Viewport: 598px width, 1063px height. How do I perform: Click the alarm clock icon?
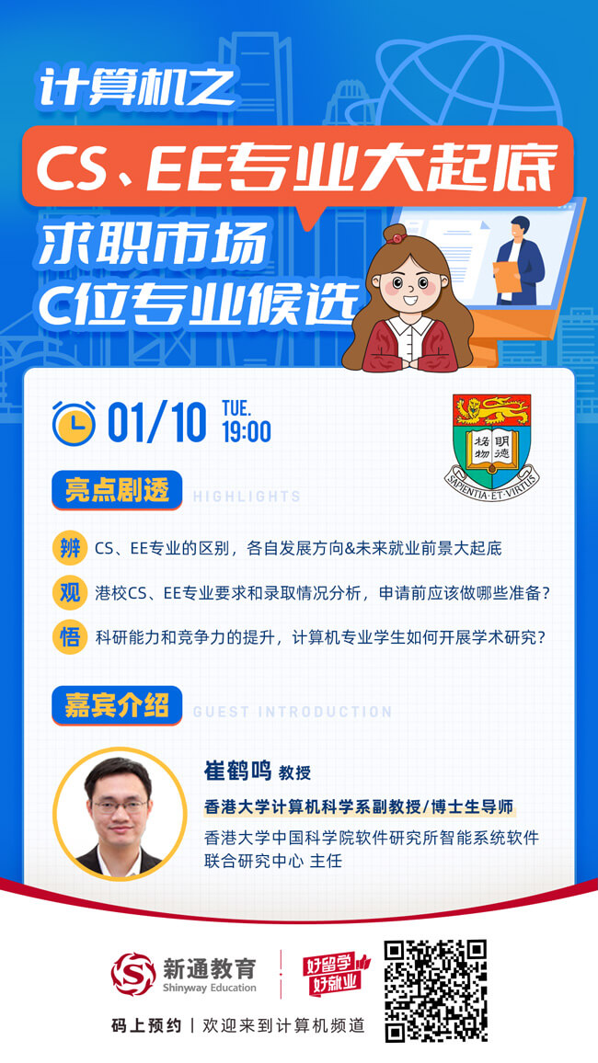[75, 422]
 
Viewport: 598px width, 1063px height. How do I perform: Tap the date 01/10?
[156, 424]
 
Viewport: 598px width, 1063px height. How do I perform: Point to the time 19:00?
[247, 432]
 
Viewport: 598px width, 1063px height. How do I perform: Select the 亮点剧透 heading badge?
[117, 490]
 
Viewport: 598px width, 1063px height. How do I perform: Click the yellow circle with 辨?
[70, 549]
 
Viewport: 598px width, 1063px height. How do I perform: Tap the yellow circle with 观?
[70, 593]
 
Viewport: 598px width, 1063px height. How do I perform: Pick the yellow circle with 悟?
[70, 637]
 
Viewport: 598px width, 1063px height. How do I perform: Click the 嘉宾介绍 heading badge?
[117, 705]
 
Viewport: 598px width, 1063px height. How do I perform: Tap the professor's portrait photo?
[120, 814]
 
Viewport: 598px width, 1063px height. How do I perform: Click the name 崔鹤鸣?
[237, 771]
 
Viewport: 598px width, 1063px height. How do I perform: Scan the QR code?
[436, 990]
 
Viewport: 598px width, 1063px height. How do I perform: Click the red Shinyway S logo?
[132, 974]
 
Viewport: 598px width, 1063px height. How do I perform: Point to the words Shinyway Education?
[210, 988]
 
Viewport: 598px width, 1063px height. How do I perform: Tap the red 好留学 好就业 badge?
[336, 974]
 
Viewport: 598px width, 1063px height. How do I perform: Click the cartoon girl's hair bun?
[395, 234]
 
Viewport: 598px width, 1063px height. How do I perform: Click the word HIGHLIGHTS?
[247, 497]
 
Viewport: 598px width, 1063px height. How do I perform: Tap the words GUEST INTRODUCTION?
[293, 713]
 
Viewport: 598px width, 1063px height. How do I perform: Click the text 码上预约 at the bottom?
[146, 1025]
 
